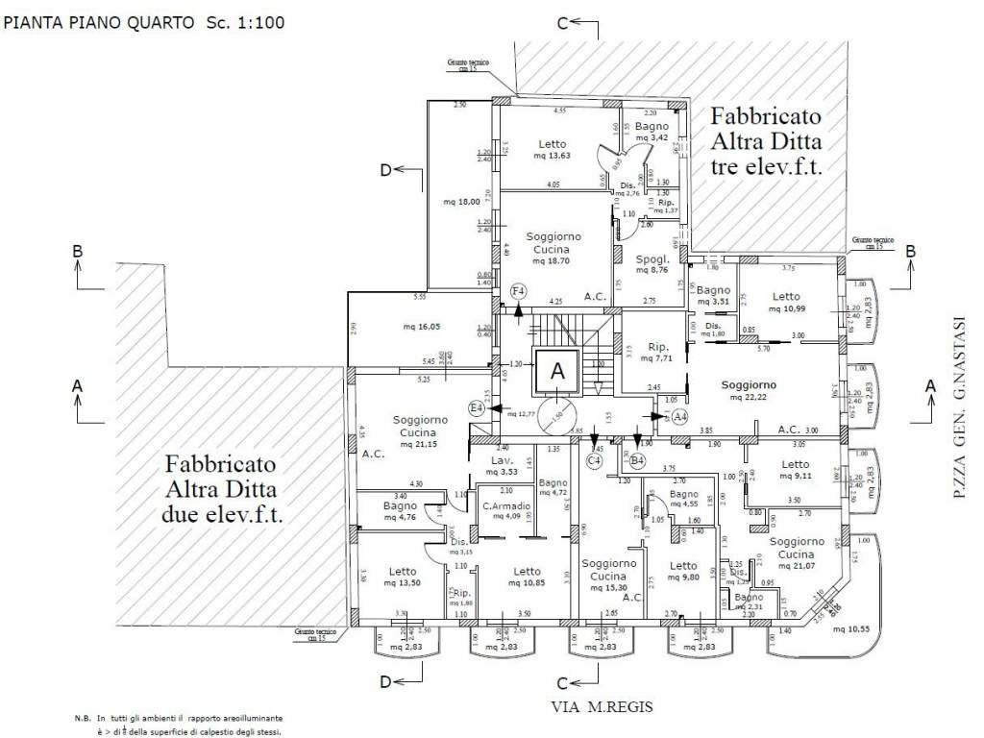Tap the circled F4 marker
pos(518,289)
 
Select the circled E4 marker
pos(476,408)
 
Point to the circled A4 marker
pos(680,416)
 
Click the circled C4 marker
pos(595,460)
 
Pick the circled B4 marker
pos(637,460)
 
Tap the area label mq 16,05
pos(422,327)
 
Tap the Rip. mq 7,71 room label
pos(658,353)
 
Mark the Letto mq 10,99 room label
pos(786,303)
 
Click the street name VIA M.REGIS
pos(602,706)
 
